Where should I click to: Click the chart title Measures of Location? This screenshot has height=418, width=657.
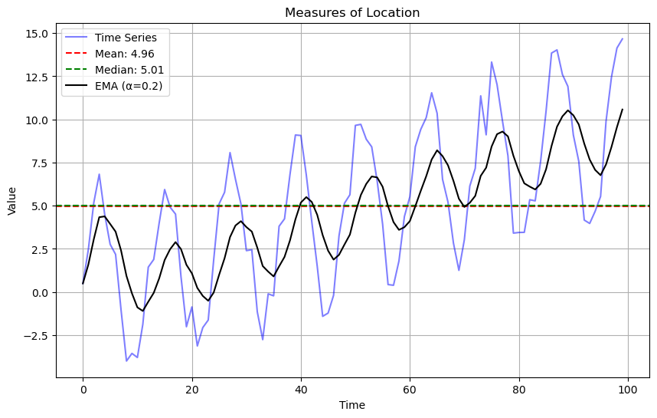click(352, 12)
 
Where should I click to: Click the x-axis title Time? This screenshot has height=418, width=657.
click(352, 405)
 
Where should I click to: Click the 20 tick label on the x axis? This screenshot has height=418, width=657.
click(192, 389)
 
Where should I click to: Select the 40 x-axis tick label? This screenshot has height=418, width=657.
click(301, 389)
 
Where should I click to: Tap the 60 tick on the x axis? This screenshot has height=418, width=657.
click(410, 389)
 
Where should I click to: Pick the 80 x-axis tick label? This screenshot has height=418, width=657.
click(519, 389)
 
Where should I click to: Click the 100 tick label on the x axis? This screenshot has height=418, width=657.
click(628, 389)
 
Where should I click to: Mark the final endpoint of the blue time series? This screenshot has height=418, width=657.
click(623, 38)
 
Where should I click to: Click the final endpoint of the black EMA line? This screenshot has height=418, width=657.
click(623, 109)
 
